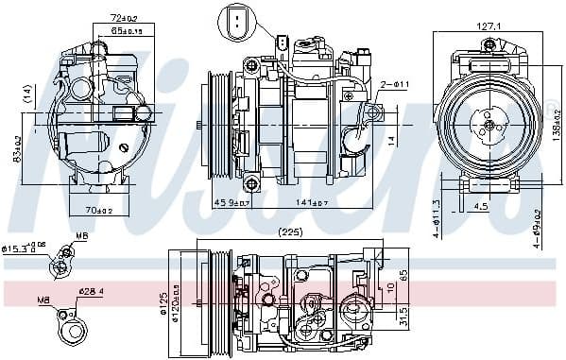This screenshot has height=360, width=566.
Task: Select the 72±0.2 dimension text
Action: coord(124,18)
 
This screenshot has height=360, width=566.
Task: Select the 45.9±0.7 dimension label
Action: coord(231,202)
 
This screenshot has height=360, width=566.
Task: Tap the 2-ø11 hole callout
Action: coord(394,85)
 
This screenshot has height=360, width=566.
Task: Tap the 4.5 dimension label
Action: coord(481,206)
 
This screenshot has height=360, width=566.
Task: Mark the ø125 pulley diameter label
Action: coord(163,303)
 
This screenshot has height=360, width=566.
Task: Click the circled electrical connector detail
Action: coord(234,21)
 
